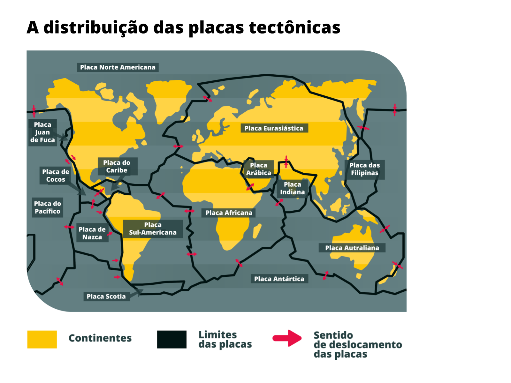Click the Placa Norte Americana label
pos(118,67)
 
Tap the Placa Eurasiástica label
pos(274,128)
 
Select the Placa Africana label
pos(229,213)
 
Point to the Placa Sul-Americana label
pos(153,229)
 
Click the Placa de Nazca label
pos(92,233)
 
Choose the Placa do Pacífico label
pos(47,207)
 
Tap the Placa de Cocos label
pos(56,176)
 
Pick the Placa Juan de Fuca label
pos(42,132)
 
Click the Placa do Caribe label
pos(117,167)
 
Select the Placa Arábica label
pos(258,169)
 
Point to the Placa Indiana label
pos(292,188)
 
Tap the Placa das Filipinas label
pos(365,169)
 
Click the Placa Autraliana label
pos(352,248)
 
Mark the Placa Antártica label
pos(279,279)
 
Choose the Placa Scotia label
pos(106,297)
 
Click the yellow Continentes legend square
pos(42,339)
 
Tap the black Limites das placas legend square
pos(172,339)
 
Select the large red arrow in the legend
pos(287,338)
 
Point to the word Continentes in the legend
pos(100,338)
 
